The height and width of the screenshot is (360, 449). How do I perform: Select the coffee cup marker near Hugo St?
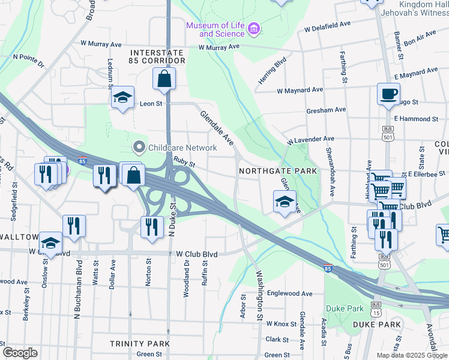(x=388, y=93)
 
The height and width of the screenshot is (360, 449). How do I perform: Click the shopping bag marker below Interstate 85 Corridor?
(x=164, y=79)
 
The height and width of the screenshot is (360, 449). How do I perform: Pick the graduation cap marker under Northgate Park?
(x=285, y=202)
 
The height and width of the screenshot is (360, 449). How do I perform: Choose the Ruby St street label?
(x=184, y=162)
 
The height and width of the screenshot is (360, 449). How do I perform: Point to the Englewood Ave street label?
(x=290, y=293)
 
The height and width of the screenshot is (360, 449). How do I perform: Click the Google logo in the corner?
(x=20, y=353)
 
